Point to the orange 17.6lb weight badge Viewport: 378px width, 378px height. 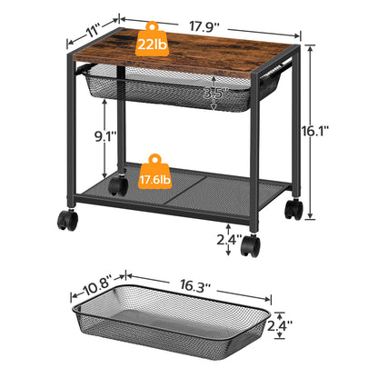tap(154, 181)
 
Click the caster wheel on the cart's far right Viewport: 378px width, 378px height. tap(293, 209)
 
